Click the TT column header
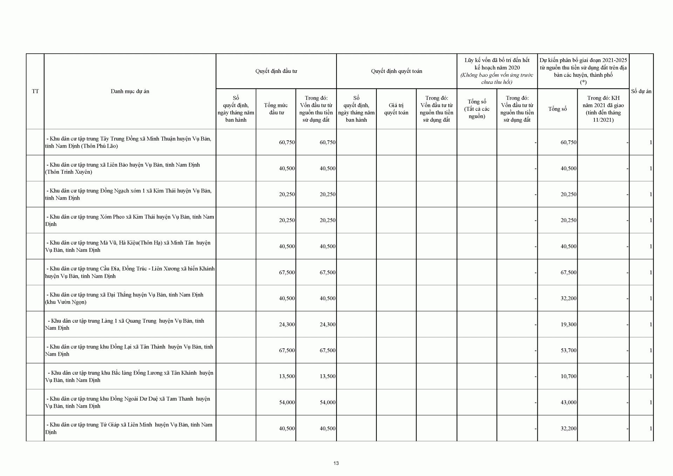[35, 91]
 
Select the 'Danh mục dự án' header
[130, 91]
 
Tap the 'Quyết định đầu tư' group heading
[276, 71]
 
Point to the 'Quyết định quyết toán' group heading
[396, 71]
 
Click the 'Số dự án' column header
[641, 91]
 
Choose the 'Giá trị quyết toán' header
[396, 109]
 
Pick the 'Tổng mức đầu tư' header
[276, 109]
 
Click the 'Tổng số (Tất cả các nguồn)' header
[477, 109]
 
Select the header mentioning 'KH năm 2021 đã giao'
[603, 109]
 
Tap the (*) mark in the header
[583, 82]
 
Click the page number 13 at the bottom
[336, 463]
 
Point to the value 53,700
[568, 350]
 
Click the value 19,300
[568, 324]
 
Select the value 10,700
[568, 376]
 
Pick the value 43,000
[568, 402]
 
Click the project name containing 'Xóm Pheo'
[130, 220]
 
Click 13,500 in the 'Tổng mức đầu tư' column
[287, 376]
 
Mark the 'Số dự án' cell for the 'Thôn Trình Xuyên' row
[651, 168]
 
